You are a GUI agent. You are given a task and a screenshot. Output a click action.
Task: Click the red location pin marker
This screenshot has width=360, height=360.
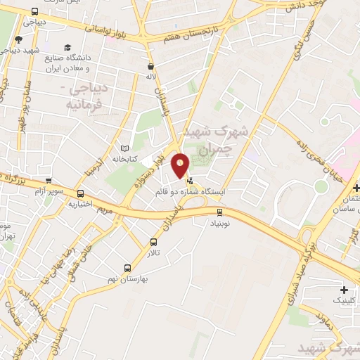click(x=181, y=165)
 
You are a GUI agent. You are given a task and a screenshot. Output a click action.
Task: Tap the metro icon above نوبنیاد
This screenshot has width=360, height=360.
click(x=219, y=211)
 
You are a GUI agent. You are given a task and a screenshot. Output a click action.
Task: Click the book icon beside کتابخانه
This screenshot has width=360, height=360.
click(x=124, y=148)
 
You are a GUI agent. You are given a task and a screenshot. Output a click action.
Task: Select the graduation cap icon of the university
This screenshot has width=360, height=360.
click(x=67, y=48)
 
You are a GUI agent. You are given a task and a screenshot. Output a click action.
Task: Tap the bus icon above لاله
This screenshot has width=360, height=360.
click(x=150, y=65)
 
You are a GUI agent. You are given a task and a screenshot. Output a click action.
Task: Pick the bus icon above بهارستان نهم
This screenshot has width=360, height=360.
click(x=127, y=268)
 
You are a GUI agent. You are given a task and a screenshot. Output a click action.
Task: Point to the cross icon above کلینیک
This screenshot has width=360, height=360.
click(x=343, y=290)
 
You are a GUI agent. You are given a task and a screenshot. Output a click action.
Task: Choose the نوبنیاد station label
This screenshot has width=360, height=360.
click(x=219, y=222)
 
